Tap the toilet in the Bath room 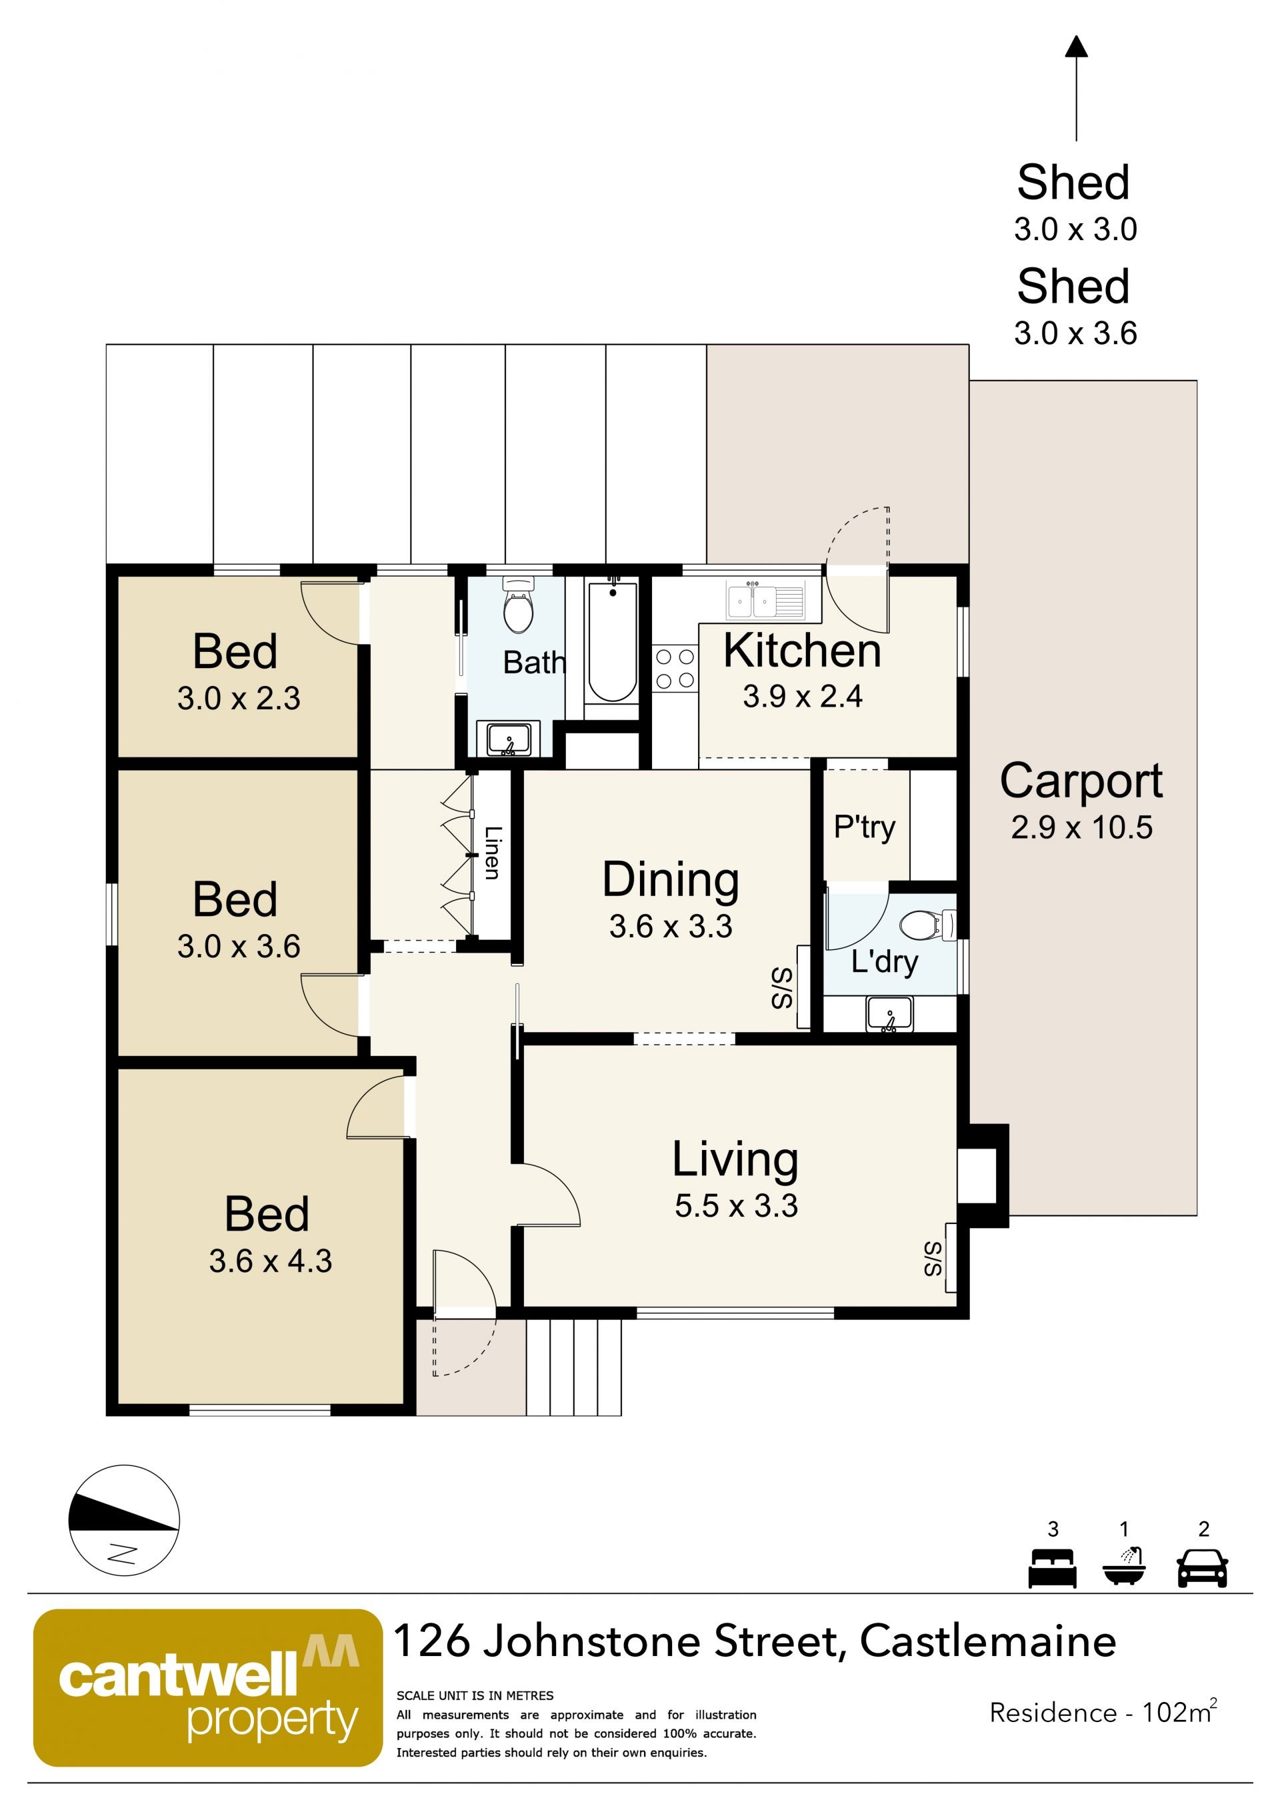coord(518,605)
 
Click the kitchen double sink coord(765,601)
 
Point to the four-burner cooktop coord(675,668)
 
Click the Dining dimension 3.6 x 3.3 coord(671,926)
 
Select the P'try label coord(865,827)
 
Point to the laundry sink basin coord(890,1014)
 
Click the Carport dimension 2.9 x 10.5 coord(1081,827)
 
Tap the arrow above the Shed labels coord(1077,88)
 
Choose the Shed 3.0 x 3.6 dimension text coord(1075,333)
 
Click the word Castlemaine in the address coord(987,1642)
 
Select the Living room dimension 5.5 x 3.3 coord(736,1206)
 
